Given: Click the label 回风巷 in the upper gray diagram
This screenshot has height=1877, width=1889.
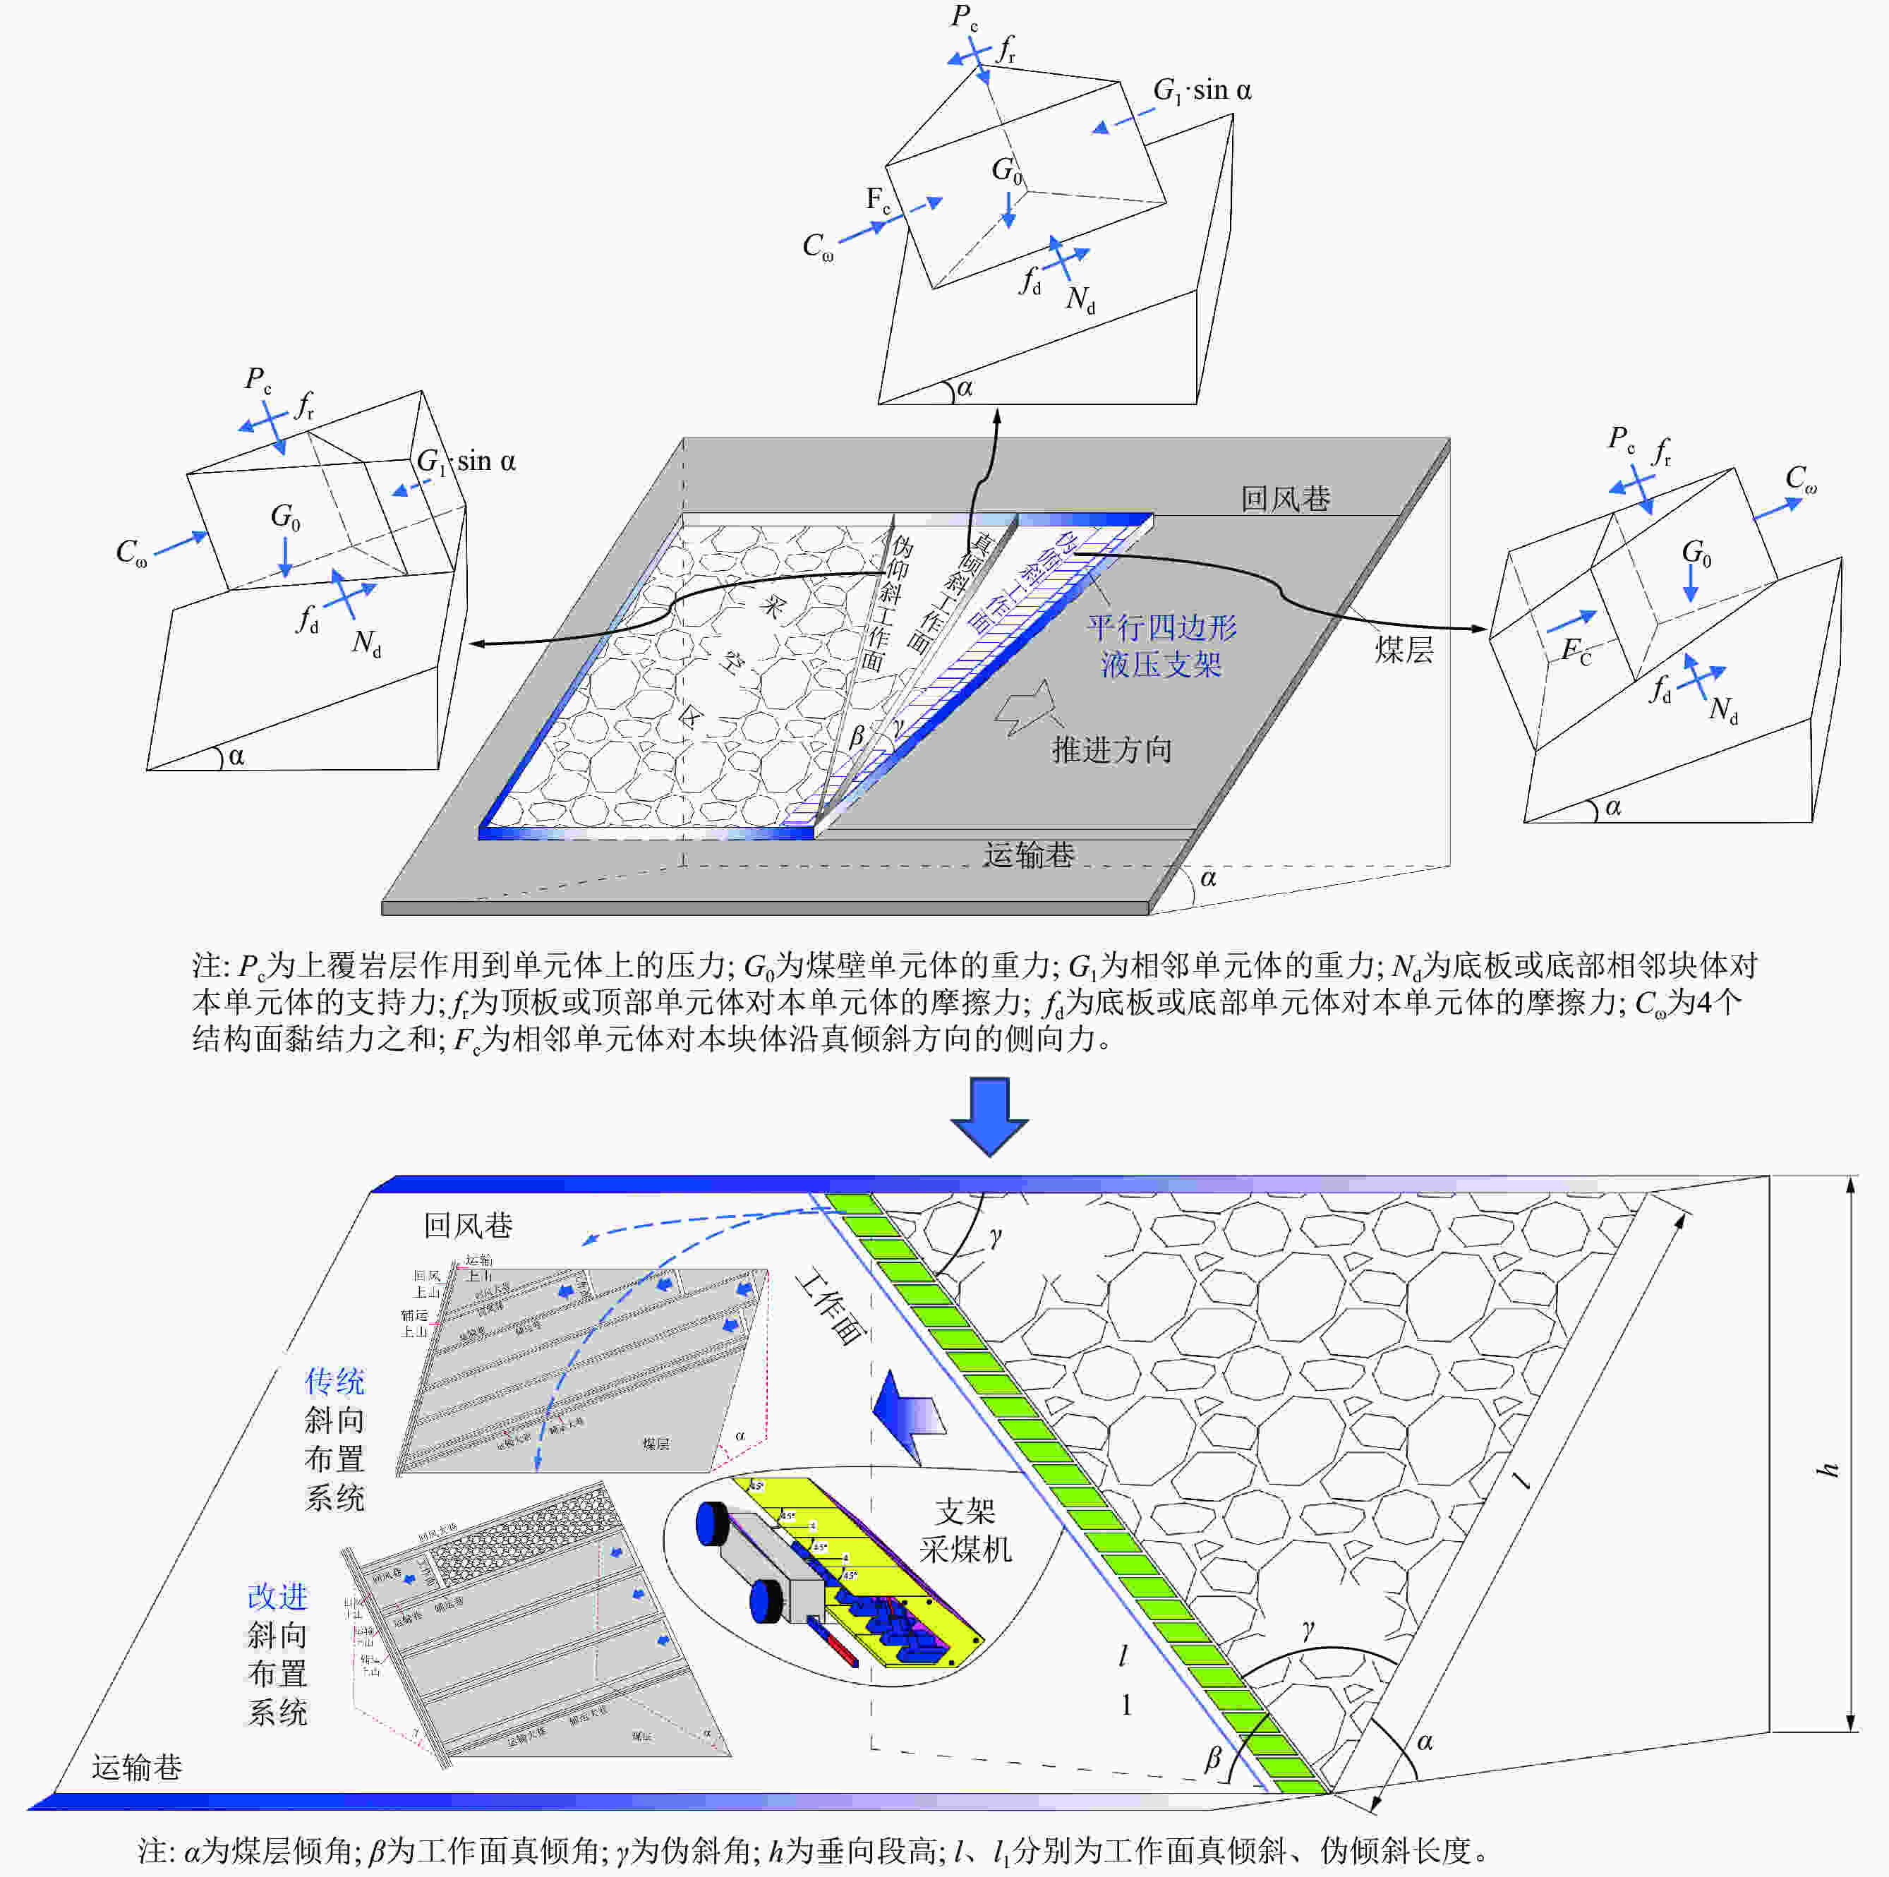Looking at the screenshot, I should coord(1285,499).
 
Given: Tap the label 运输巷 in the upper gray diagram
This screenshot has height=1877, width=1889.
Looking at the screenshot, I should coord(1029,855).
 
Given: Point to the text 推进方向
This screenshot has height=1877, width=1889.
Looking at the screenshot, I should coord(1111,750).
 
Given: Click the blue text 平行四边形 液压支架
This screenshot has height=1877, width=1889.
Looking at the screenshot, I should coord(1161,645).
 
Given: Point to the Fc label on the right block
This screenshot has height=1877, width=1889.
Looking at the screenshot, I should coord(1575,650).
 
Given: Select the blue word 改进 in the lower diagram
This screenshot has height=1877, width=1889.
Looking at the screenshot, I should coord(278,1595).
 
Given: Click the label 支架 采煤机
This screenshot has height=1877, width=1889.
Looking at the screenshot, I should coord(965,1530).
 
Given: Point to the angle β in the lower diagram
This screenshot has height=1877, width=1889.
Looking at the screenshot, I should coord(1212,1758).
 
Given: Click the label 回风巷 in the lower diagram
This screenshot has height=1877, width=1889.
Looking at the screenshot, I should coord(467,1225).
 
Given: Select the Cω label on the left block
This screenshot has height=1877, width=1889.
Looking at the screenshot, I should coord(132,553).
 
